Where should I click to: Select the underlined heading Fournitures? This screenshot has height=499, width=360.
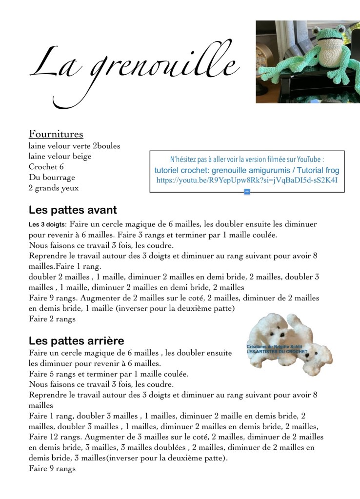(56, 134)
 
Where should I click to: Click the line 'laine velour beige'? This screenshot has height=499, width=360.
(60, 156)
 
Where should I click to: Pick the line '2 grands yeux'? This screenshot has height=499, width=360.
(54, 188)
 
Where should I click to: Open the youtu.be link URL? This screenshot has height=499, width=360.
(247, 180)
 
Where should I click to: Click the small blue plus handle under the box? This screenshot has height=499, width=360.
(247, 192)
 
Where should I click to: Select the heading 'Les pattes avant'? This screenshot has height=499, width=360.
(73, 210)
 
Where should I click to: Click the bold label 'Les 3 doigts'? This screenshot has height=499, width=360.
(47, 225)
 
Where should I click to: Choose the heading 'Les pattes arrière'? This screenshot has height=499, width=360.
(77, 340)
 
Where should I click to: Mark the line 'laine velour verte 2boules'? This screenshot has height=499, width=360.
(74, 146)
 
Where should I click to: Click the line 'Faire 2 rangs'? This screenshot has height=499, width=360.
(52, 319)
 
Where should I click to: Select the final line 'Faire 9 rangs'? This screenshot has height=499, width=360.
(52, 469)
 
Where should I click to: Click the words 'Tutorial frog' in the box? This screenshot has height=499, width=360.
(317, 170)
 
